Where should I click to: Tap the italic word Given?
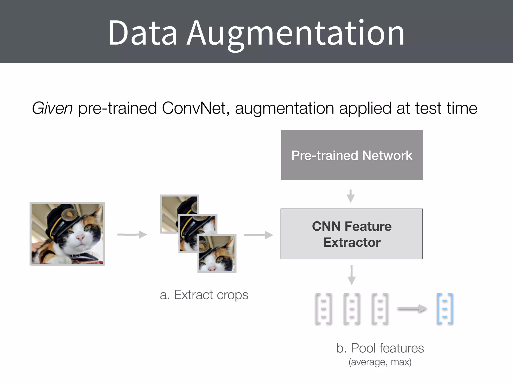point(52,108)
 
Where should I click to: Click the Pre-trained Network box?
point(352,155)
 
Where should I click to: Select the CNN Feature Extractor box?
point(352,234)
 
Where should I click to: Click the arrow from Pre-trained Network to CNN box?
point(351,196)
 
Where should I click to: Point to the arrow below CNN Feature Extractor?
point(352,275)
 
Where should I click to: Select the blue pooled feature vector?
point(445,309)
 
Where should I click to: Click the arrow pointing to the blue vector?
point(412,309)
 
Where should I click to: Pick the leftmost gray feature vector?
point(323,309)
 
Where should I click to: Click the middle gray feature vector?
point(352,309)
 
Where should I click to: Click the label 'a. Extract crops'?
point(204,295)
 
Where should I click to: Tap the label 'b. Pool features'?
point(380,348)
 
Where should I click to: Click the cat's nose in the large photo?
point(80,237)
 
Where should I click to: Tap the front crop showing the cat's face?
point(217,254)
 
